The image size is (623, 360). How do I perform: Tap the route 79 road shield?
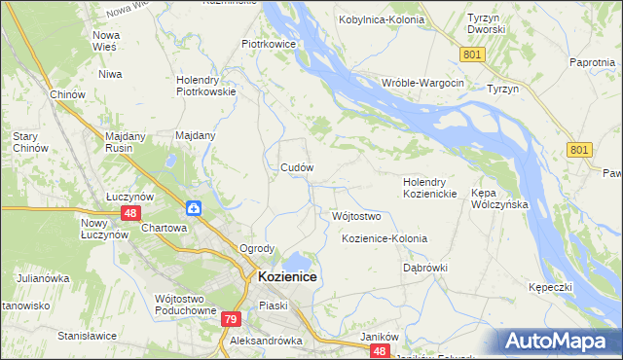pos(230,319)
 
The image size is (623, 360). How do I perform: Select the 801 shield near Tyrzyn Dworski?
pos(473,55)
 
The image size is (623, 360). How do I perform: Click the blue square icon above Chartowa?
pos(194,208)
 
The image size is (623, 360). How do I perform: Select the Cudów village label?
pos(296,167)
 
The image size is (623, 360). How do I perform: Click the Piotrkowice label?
pos(275,44)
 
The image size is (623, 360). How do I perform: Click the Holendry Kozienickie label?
pos(430,188)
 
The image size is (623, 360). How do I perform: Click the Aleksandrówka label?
pos(267,342)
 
